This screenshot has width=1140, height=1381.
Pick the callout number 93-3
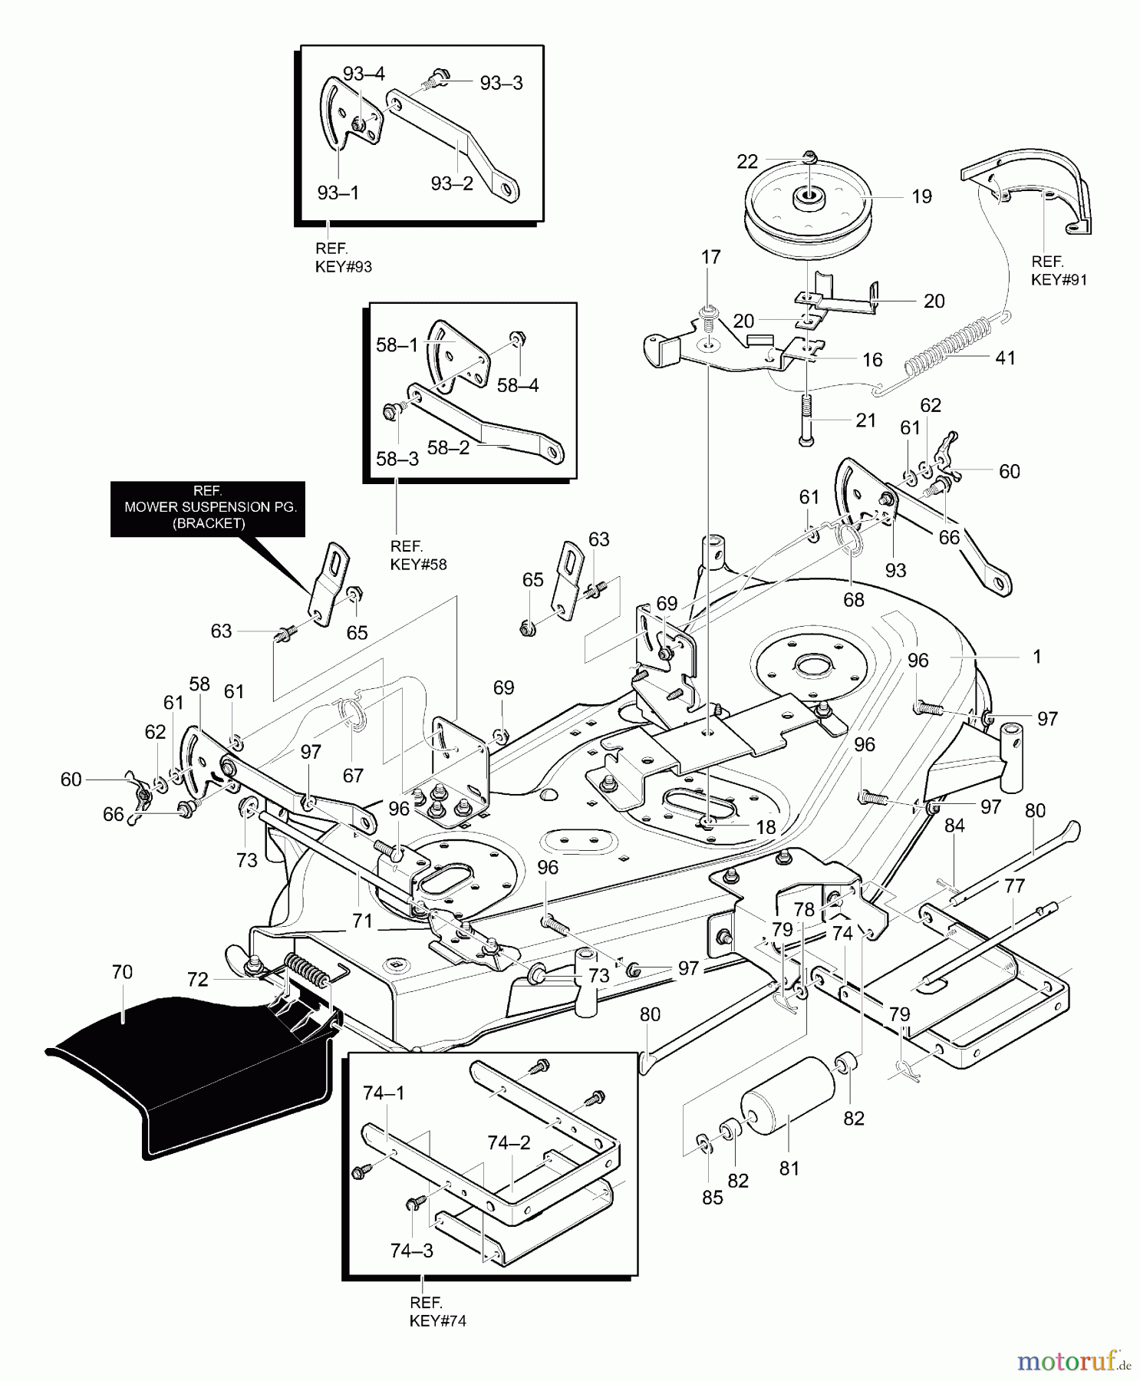[501, 84]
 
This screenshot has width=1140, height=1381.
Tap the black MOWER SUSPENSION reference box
[208, 509]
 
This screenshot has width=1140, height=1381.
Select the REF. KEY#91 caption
[1059, 271]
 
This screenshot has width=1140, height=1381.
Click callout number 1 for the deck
[1037, 657]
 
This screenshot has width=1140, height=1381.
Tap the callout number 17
[711, 257]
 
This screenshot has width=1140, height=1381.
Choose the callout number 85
[712, 1197]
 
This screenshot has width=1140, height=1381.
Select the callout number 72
[198, 980]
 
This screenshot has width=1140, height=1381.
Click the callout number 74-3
[412, 1251]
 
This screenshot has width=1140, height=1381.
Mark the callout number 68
[854, 599]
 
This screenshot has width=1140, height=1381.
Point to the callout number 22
[747, 162]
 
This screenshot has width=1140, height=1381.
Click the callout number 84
[954, 826]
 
